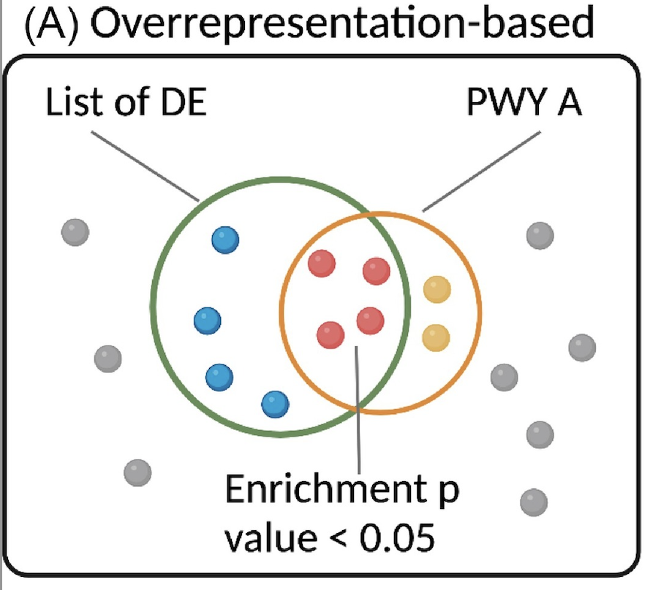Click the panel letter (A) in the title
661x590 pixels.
tap(53, 23)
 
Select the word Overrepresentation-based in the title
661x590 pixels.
tap(344, 23)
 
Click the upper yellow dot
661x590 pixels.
tap(437, 290)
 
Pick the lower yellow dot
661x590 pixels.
tap(437, 337)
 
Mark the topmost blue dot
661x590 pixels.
tap(225, 240)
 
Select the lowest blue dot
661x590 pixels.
tap(275, 402)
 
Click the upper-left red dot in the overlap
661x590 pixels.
tap(322, 264)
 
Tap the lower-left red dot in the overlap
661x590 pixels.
tap(330, 335)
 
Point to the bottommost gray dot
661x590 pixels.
tap(533, 502)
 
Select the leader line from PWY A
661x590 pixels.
tap(483, 170)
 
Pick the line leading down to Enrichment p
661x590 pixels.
tap(357, 409)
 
